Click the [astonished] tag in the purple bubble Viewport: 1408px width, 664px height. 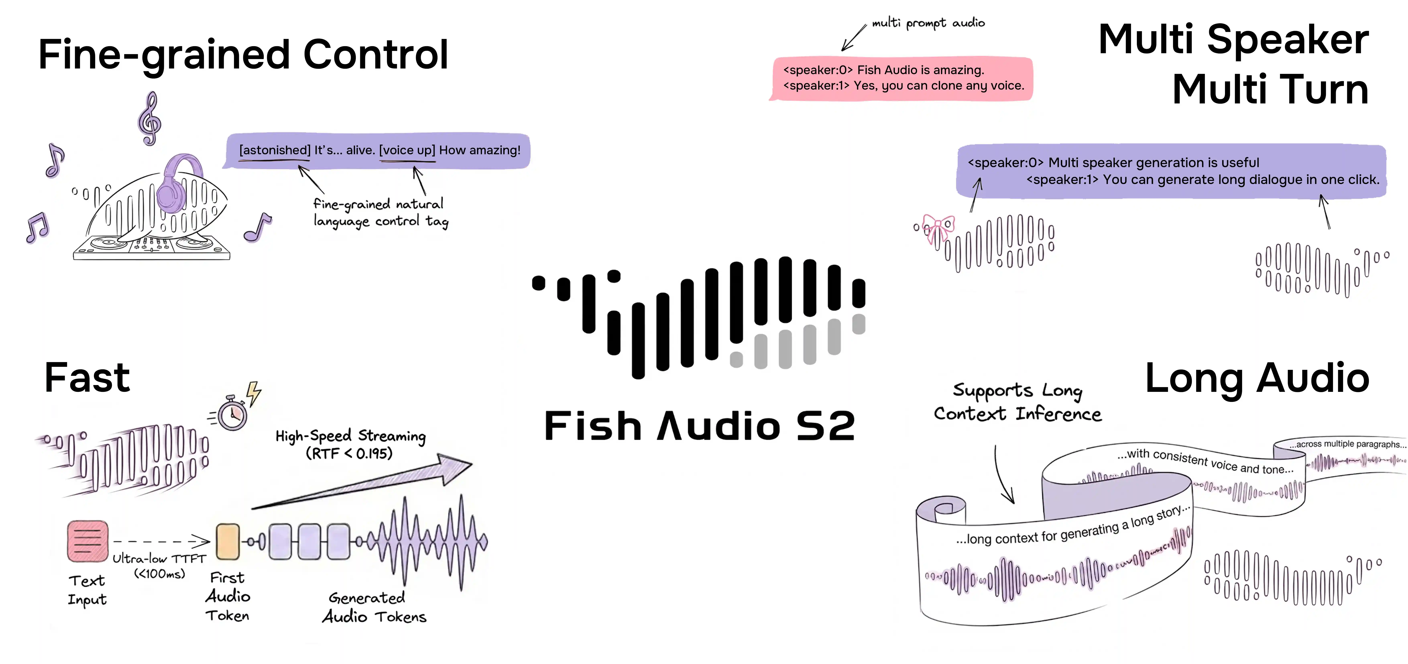[x=274, y=150]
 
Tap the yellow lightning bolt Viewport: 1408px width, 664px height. [x=254, y=393]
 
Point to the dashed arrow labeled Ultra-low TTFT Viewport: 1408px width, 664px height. [x=161, y=541]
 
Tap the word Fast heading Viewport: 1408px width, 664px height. [x=87, y=377]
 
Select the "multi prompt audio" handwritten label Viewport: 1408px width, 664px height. [x=928, y=23]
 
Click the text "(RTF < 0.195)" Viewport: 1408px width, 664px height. [x=349, y=454]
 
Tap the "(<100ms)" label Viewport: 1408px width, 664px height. [x=160, y=574]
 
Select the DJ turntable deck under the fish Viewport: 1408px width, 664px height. [x=151, y=247]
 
